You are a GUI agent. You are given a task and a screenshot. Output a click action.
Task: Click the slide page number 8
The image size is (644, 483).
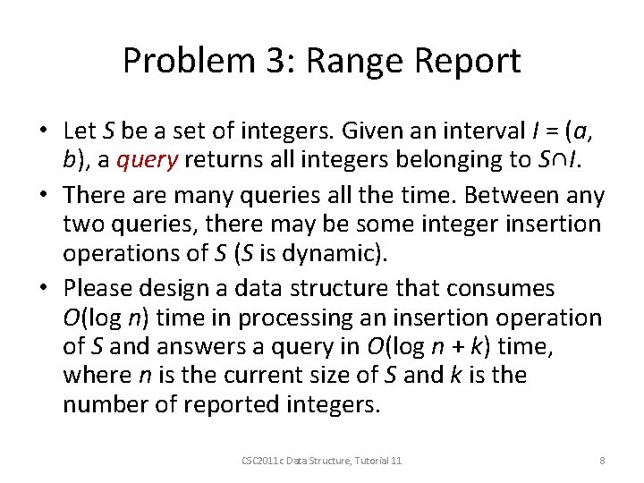tap(602, 460)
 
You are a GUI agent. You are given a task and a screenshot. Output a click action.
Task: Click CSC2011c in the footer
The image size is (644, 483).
tap(260, 460)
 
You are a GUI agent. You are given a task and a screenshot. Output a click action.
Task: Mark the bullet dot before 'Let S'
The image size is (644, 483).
tap(42, 131)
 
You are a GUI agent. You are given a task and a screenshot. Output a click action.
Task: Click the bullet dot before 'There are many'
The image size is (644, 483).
tap(42, 196)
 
